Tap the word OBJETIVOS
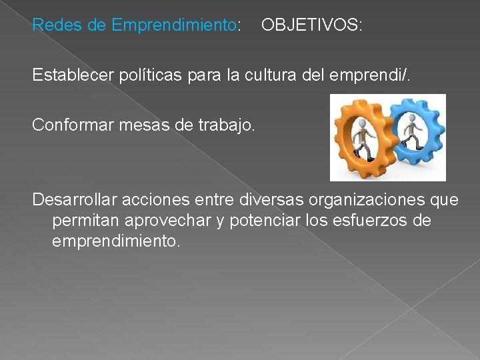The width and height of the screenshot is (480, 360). (x=311, y=26)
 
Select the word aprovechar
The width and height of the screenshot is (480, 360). (x=161, y=221)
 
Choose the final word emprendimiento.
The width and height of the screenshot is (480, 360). (x=115, y=241)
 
